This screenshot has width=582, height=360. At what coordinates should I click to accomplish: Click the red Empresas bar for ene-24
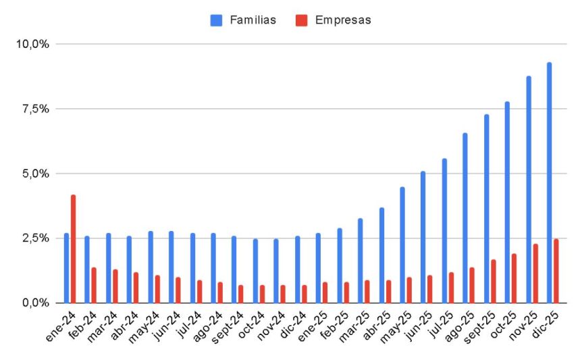[73, 249]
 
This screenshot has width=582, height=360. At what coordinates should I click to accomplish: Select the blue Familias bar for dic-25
[550, 182]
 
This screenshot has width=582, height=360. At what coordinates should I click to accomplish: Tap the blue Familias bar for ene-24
[66, 268]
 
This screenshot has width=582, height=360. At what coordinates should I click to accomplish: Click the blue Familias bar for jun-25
[423, 237]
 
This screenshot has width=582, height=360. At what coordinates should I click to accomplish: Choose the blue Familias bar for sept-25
[487, 209]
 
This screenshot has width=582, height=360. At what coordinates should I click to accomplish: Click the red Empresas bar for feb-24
[94, 285]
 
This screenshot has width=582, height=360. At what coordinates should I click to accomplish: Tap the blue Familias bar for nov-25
[529, 189]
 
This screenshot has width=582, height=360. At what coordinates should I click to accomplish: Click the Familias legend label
[253, 20]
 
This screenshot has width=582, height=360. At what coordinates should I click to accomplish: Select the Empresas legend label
[343, 20]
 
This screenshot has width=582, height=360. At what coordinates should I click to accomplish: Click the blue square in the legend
[217, 20]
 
